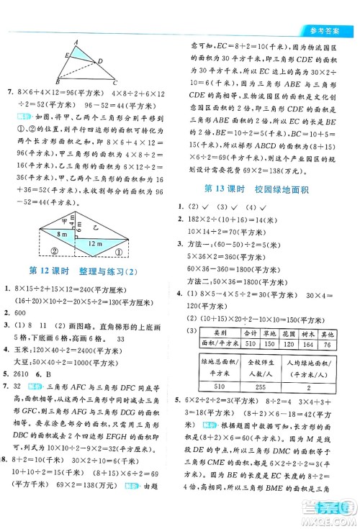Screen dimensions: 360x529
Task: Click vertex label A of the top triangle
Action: point(77,41)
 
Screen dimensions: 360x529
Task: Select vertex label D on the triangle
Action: point(100,60)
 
